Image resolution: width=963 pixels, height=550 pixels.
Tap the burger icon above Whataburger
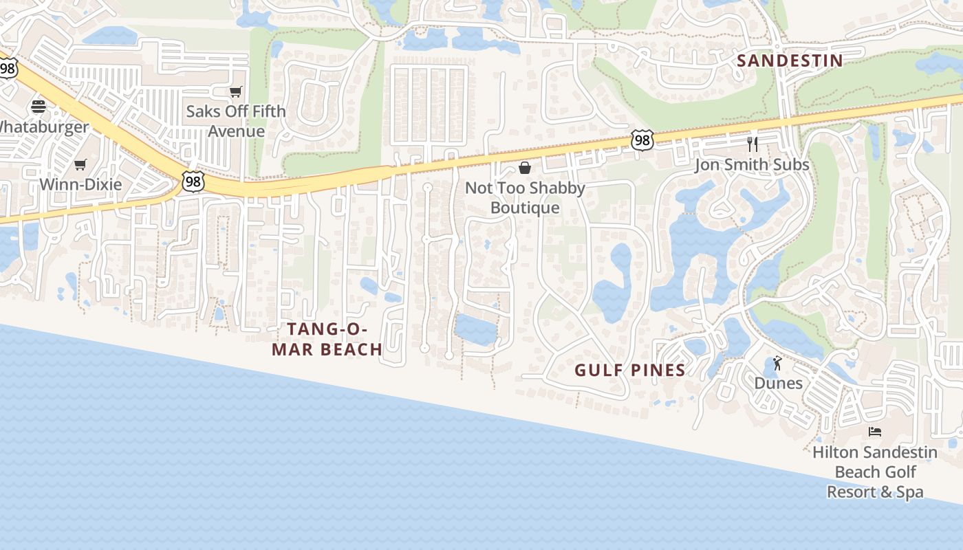click(38, 106)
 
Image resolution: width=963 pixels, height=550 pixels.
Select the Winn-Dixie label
click(80, 184)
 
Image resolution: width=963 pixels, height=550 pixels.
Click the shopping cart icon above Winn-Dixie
click(80, 164)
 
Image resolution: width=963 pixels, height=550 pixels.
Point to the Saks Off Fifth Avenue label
click(236, 121)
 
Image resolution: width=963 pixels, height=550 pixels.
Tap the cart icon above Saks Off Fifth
click(236, 91)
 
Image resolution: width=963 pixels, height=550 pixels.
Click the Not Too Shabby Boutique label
click(525, 198)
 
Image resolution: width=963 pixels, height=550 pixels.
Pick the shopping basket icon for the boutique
click(525, 168)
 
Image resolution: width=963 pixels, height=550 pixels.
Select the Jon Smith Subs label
click(752, 165)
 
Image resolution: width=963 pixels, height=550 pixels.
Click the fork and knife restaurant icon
click(753, 144)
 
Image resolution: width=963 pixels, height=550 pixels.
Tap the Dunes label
click(778, 383)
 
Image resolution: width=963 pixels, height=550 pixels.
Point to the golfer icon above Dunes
click(777, 362)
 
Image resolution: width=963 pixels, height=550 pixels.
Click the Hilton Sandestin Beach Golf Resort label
click(875, 472)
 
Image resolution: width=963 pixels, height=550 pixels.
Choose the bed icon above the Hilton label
click(875, 432)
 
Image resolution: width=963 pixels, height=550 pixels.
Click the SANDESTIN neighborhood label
click(790, 60)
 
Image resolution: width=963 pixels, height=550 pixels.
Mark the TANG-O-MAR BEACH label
click(327, 339)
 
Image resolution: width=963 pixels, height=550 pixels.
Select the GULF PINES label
click(630, 371)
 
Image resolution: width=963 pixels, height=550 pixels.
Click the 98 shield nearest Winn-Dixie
click(193, 181)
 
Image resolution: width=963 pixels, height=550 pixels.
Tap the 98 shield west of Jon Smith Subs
click(642, 140)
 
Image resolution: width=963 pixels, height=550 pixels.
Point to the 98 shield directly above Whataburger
click(8, 68)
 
